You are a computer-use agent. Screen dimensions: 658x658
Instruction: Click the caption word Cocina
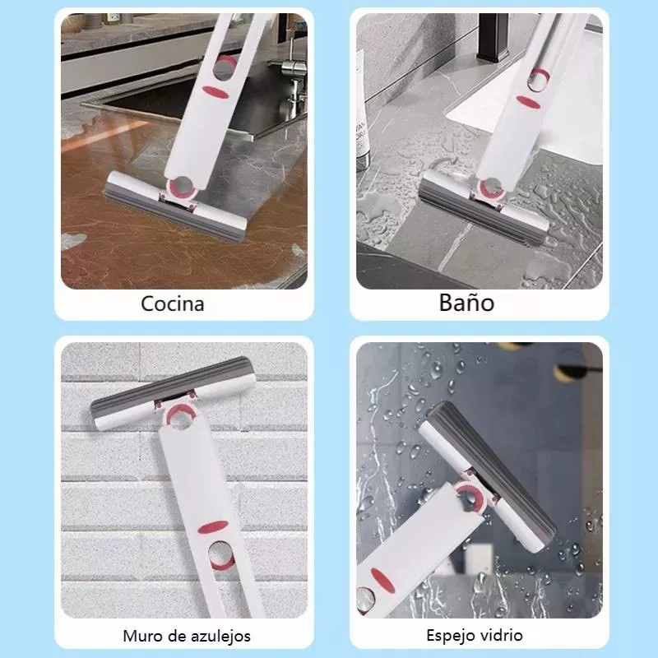[x=172, y=304]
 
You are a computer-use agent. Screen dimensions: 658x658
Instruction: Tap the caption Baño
[x=466, y=302]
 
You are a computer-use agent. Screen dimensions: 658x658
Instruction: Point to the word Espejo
[x=452, y=635]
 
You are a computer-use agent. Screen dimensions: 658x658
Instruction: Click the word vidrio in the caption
[x=503, y=635]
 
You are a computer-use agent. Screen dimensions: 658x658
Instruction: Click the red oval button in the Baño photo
[x=527, y=101]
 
